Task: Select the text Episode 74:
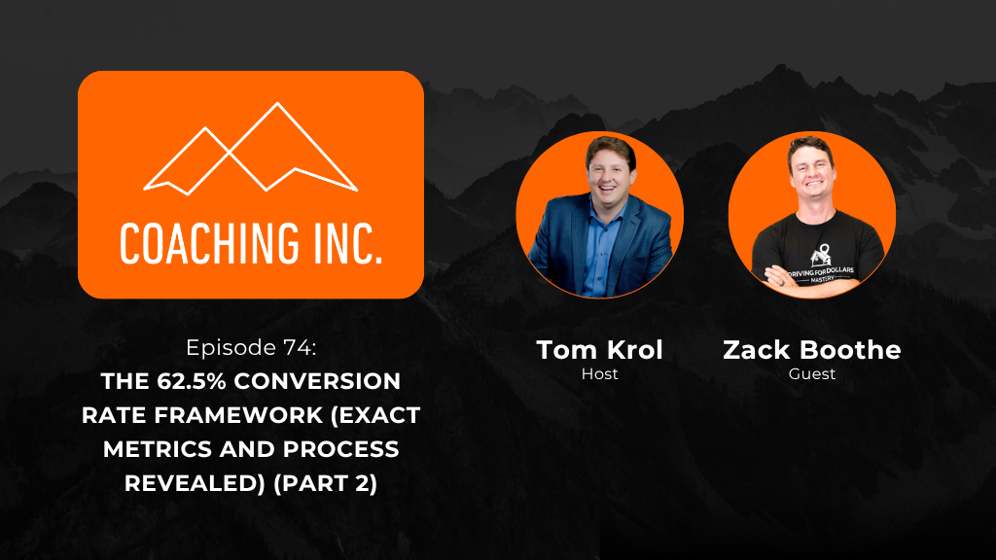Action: click(251, 347)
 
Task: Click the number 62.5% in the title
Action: click(194, 381)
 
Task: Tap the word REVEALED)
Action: click(195, 484)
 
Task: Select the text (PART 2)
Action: click(325, 484)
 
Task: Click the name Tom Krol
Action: click(599, 350)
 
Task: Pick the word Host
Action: click(599, 374)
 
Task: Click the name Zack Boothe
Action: click(812, 350)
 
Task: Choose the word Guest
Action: click(812, 374)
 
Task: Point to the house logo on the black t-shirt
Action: click(820, 256)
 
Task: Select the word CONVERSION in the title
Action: click(318, 381)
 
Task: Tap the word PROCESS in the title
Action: click(341, 449)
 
